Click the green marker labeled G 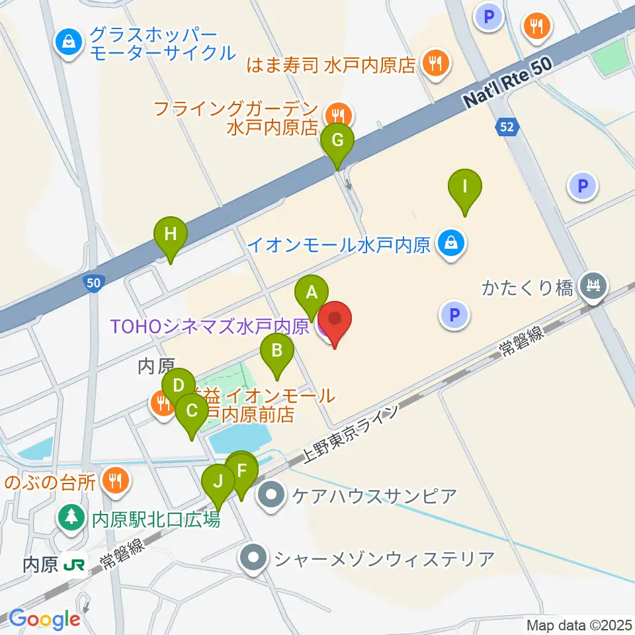pos(337,141)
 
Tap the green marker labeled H pos(171,235)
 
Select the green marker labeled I pos(465,187)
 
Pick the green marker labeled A pos(312,292)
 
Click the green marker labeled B pos(277,351)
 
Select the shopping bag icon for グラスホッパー pos(68,42)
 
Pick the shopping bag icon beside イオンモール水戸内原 pos(450,245)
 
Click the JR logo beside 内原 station pos(73,566)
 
